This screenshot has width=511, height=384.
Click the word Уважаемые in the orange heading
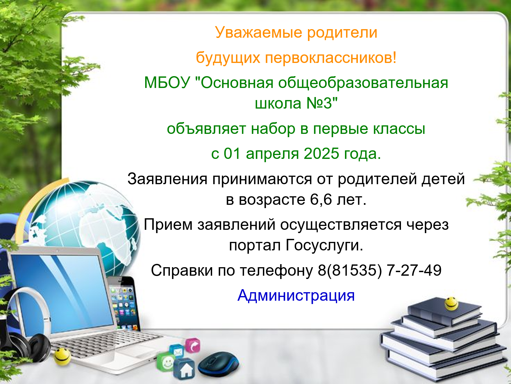pyautogui.click(x=259, y=33)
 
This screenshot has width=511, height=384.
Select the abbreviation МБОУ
pyautogui.click(x=167, y=82)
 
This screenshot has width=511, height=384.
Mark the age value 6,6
pyautogui.click(x=321, y=200)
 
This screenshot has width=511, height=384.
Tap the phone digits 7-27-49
pyautogui.click(x=414, y=270)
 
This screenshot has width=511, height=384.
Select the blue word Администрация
pyautogui.click(x=296, y=296)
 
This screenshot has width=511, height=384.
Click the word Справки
pyautogui.click(x=182, y=271)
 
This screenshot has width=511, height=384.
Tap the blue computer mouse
pyautogui.click(x=218, y=364)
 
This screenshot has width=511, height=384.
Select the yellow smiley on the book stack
pyautogui.click(x=451, y=303)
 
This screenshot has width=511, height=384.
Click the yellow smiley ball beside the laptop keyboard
pyautogui.click(x=62, y=357)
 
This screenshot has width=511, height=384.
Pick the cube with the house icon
pyautogui.click(x=184, y=369)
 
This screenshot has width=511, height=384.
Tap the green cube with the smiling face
pyautogui.click(x=166, y=363)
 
